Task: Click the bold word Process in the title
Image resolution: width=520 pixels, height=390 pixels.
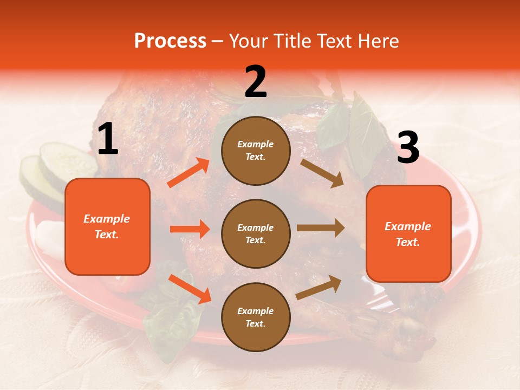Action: click(x=170, y=41)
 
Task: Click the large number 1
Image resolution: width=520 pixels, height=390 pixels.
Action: click(x=108, y=139)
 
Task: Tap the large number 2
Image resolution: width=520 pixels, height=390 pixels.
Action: click(x=256, y=82)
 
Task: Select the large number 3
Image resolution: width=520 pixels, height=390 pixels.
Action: click(x=408, y=148)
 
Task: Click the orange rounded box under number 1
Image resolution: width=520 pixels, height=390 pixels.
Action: click(x=107, y=226)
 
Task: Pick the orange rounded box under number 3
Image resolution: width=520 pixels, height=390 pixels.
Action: click(x=408, y=233)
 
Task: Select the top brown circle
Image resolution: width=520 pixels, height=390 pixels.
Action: click(x=256, y=151)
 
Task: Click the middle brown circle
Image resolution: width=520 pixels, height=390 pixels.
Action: click(x=256, y=233)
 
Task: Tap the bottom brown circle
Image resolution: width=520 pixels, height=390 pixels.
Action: click(x=256, y=317)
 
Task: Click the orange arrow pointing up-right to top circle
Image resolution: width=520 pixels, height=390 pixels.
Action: click(x=188, y=173)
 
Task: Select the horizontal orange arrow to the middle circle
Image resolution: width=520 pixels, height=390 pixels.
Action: click(x=190, y=229)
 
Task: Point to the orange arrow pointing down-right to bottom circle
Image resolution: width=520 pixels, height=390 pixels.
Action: click(x=190, y=289)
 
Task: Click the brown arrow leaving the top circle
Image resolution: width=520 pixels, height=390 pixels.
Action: click(x=322, y=173)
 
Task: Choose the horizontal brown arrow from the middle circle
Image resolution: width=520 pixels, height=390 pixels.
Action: click(x=320, y=227)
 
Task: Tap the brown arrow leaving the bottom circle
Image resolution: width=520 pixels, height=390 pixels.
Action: click(x=318, y=287)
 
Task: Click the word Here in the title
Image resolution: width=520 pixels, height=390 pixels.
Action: click(x=378, y=41)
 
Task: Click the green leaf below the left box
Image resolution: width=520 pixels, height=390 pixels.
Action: click(x=165, y=320)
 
